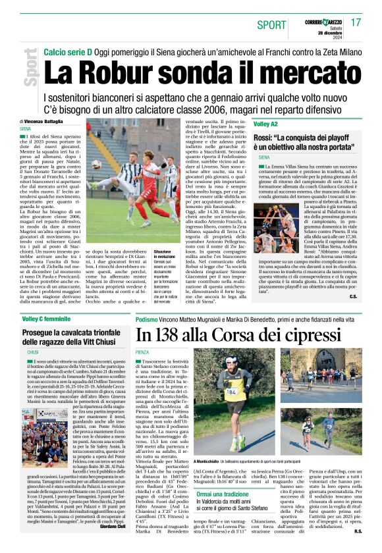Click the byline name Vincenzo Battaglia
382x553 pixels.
47,122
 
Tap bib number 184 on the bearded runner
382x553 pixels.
232,390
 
